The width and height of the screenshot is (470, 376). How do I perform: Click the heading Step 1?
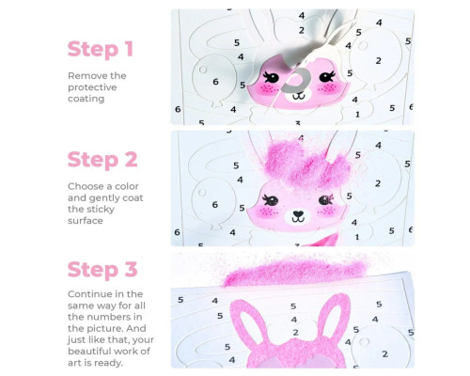click(101, 49)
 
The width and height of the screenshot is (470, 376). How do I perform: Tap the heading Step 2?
click(102, 160)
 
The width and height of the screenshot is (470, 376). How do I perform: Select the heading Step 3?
click(102, 270)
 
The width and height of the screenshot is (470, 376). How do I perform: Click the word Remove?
click(83, 76)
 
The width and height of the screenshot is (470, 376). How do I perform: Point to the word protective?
click(92, 87)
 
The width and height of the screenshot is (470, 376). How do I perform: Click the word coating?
click(86, 99)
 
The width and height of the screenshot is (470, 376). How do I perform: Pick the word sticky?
click(99, 210)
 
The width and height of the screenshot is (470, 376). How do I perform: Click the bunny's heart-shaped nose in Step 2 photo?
click(298, 214)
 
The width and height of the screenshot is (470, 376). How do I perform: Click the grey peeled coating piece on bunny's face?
click(294, 81)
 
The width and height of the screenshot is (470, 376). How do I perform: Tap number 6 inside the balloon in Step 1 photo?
click(215, 82)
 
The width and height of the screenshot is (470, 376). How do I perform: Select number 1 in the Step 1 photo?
click(357, 115)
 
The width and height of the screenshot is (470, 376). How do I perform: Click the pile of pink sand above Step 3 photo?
click(294, 271)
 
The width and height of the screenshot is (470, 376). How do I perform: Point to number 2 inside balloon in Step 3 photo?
click(384, 354)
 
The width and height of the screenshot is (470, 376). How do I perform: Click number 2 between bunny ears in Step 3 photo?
click(295, 333)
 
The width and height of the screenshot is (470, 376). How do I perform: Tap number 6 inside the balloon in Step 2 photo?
click(214, 205)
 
